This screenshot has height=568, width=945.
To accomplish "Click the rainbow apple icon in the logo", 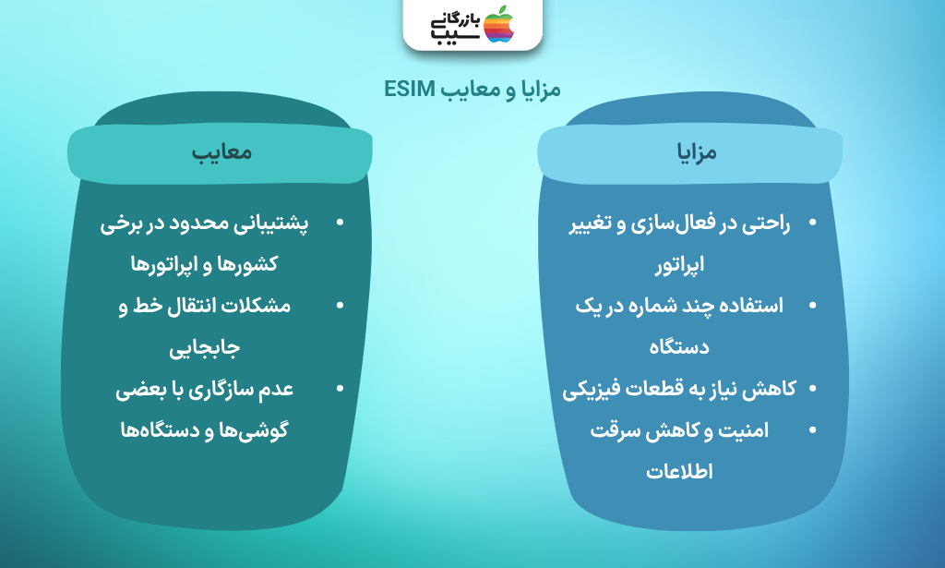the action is [x=499, y=24].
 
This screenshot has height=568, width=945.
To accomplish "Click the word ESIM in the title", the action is [x=410, y=90].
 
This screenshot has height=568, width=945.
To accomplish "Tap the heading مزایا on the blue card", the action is [x=697, y=152].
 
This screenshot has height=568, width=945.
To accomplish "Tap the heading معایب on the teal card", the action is [x=221, y=152].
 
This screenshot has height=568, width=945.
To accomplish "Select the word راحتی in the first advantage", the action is [x=766, y=224].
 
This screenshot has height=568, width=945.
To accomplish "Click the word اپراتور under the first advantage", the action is [x=680, y=265].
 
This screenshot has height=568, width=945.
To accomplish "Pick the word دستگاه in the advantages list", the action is [x=679, y=347].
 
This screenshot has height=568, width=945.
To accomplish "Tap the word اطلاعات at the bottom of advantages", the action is [x=679, y=472].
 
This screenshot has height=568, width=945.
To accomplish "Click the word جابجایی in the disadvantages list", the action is [x=204, y=348].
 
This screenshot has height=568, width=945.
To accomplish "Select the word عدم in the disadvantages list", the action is [x=276, y=390].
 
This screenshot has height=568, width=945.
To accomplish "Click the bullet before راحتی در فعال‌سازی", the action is [x=812, y=223].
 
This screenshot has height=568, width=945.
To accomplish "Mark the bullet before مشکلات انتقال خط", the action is [x=340, y=306].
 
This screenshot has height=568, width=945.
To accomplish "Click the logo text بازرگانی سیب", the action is [x=456, y=27].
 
